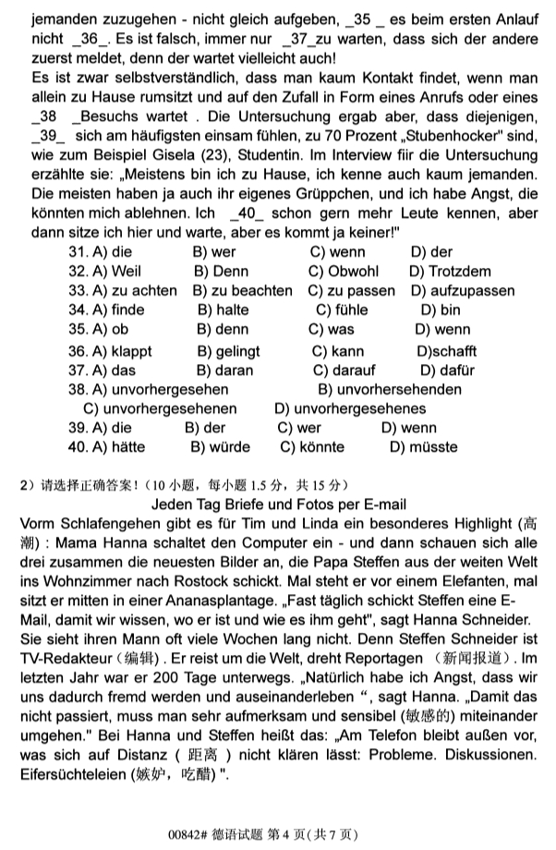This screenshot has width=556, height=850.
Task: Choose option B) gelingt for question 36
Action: coord(228,351)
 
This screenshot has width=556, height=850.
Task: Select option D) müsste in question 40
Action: coord(422,447)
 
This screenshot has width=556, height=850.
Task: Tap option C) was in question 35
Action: coord(332,329)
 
